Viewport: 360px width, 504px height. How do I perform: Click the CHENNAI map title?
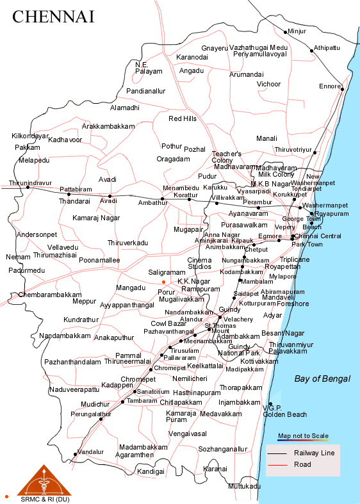(x=53, y=17)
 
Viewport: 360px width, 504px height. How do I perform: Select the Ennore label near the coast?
(x=331, y=86)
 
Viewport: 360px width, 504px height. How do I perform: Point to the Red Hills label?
(x=183, y=119)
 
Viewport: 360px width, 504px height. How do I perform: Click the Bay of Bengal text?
(x=322, y=379)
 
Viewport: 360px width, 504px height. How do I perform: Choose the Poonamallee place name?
(x=99, y=260)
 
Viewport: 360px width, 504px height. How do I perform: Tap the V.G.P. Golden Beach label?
(x=284, y=411)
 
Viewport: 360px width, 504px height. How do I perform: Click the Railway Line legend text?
(x=314, y=453)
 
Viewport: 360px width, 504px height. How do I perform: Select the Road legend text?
(x=302, y=464)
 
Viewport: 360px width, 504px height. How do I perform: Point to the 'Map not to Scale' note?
(x=303, y=436)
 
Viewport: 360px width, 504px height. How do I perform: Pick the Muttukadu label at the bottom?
(x=244, y=487)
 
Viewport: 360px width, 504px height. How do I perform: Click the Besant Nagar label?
(x=282, y=334)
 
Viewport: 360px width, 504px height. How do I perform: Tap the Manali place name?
(x=266, y=138)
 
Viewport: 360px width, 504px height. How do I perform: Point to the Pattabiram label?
(x=76, y=190)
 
